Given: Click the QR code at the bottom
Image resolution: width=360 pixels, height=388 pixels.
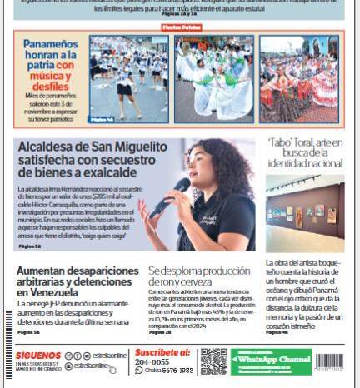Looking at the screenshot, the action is [214, 361].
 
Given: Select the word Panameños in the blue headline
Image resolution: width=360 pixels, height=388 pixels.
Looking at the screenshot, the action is [51, 43].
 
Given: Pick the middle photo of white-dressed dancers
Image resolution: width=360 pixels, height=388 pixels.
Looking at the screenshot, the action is [214, 79].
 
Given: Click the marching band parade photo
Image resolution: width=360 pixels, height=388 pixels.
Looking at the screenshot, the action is [127, 79].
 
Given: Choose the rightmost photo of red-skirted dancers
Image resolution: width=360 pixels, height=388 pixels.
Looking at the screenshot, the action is [297, 79].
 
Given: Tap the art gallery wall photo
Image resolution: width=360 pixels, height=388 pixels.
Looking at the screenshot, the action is [305, 213].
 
